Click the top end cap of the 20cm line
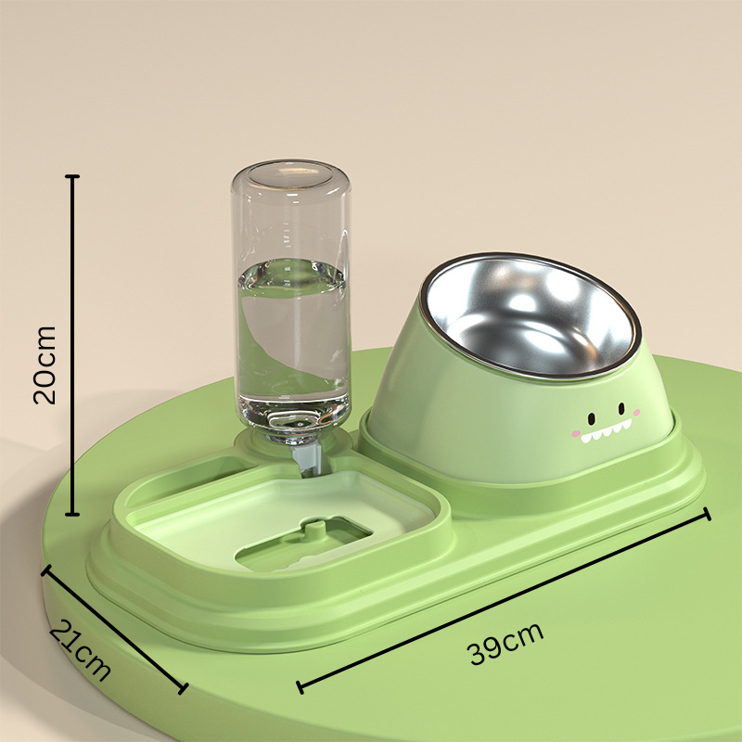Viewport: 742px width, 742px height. (x=73, y=175)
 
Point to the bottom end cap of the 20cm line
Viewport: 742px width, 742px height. (x=73, y=513)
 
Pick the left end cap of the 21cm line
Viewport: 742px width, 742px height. (x=44, y=571)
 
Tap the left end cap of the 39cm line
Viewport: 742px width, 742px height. (x=299, y=687)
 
